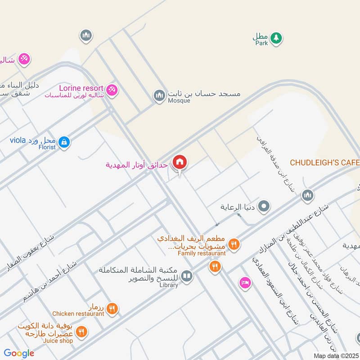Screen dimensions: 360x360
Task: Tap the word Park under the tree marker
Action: pos(261,43)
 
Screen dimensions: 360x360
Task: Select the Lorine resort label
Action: pos(81,88)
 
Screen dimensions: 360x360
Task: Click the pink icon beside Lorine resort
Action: pos(112,90)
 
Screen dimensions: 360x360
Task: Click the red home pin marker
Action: pos(180,162)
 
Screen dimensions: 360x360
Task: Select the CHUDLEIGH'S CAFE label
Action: pos(324,162)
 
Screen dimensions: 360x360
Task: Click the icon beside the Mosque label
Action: pos(158,95)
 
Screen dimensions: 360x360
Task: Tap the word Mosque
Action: pos(180,101)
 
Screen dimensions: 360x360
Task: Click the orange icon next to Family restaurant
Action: pos(234,244)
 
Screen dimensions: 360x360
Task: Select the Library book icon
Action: pos(187,276)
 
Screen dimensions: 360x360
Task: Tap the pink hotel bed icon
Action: pos(245,283)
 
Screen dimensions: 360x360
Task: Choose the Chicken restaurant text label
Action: pos(78,314)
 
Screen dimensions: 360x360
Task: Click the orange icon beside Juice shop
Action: pos(81,332)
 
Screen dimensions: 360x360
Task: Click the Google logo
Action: pos(19,353)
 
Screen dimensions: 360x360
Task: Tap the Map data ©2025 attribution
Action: pos(335,356)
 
